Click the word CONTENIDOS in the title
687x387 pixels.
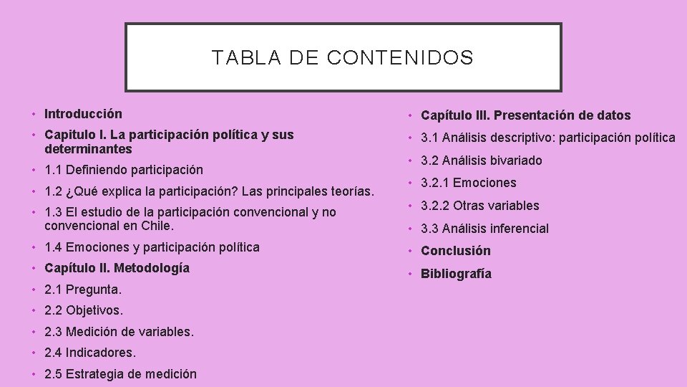click(400, 58)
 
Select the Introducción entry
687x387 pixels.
click(83, 114)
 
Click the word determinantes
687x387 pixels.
click(88, 150)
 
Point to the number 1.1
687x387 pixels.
click(53, 171)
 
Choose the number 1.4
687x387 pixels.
click(53, 248)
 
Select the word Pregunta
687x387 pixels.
click(94, 290)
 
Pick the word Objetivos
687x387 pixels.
click(94, 311)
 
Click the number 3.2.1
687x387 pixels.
click(436, 183)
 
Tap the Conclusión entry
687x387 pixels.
click(456, 251)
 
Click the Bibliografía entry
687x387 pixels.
click(456, 274)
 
